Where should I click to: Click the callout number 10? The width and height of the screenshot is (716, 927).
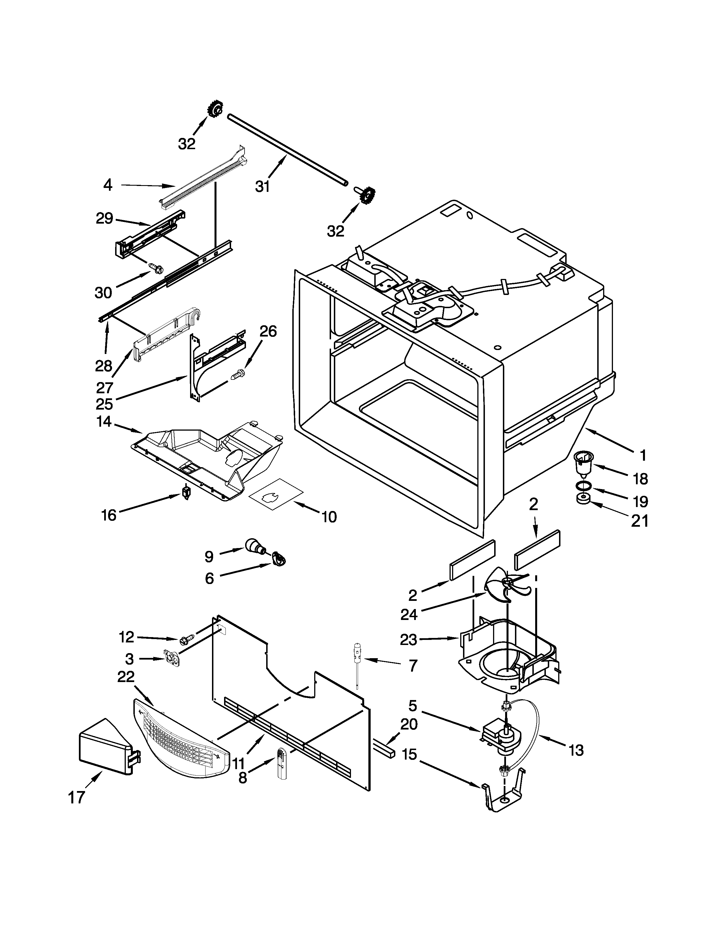point(329,517)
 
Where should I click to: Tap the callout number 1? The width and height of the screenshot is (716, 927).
point(643,455)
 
